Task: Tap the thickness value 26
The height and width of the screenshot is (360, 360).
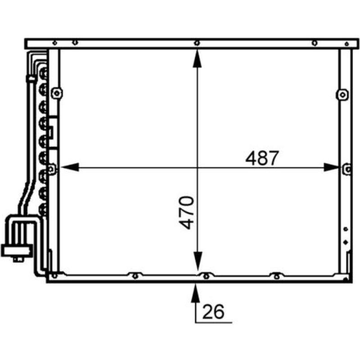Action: (213, 311)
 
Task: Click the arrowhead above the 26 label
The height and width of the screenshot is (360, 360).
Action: (196, 291)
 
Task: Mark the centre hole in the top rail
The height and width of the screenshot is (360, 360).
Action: (197, 43)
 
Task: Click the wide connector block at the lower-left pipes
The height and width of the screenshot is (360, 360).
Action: (17, 250)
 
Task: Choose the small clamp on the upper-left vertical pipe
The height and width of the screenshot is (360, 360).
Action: (31, 79)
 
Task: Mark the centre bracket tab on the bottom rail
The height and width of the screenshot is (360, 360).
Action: (205, 276)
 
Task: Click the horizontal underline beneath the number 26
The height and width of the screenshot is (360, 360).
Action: (214, 322)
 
